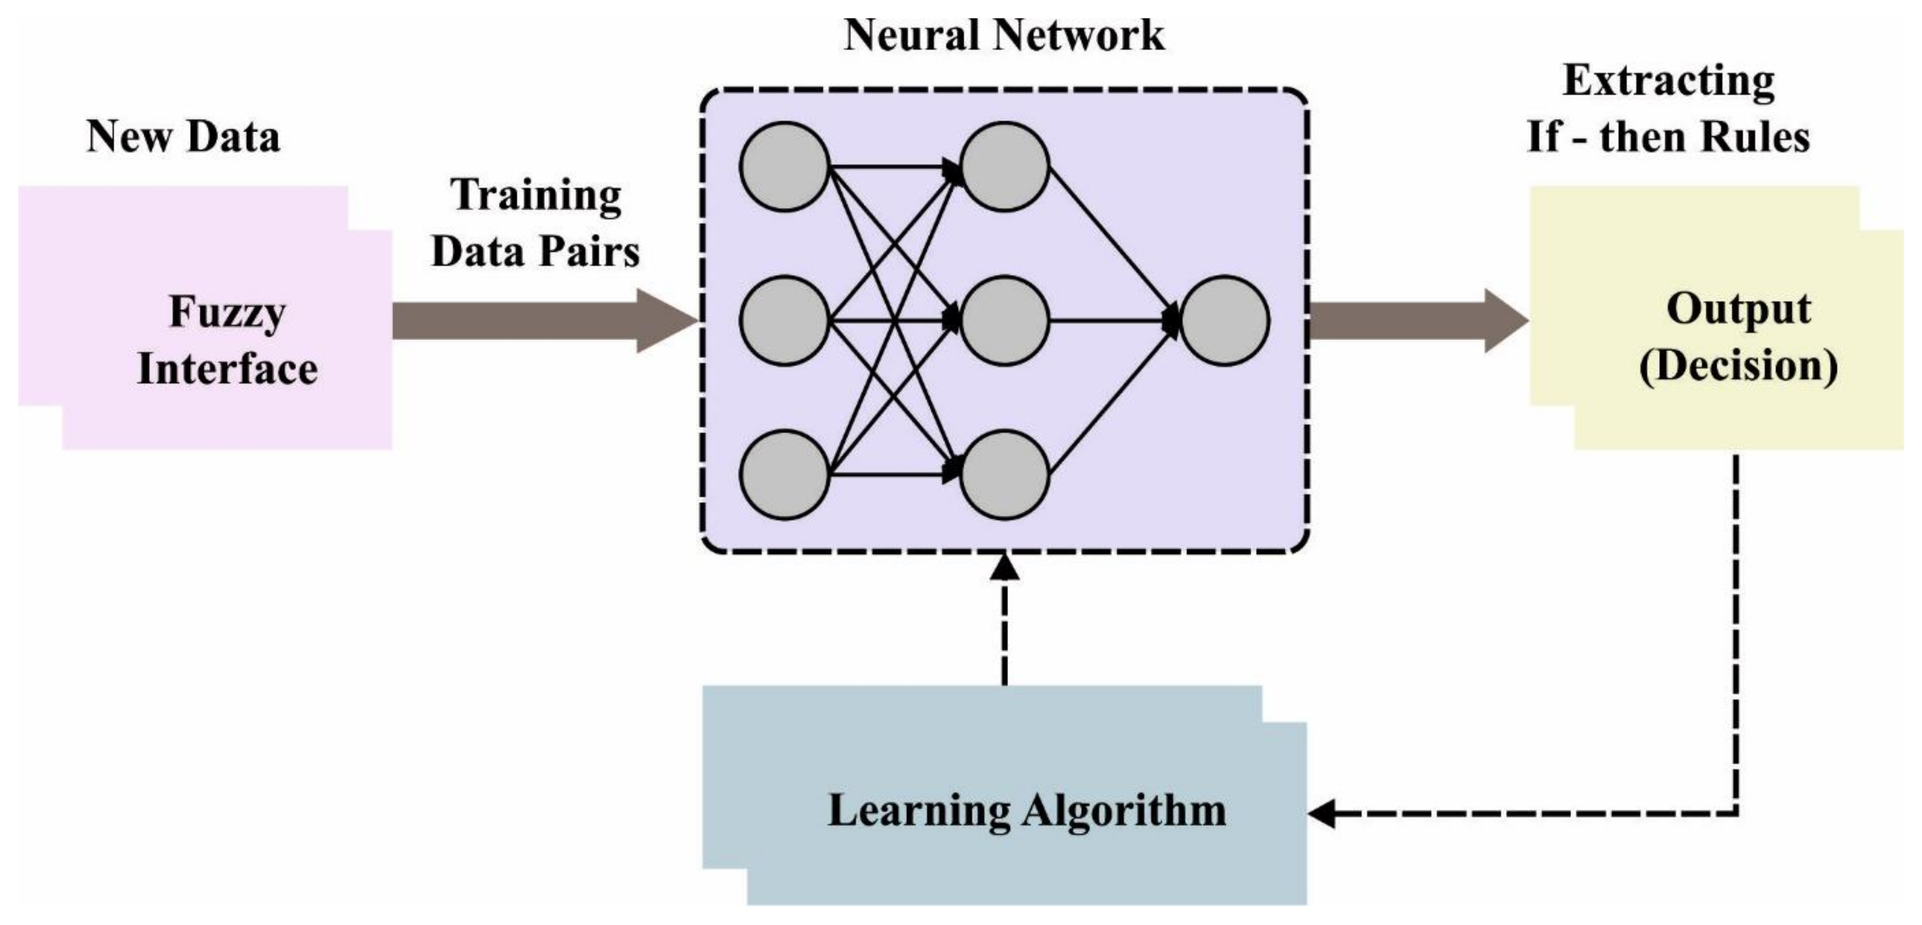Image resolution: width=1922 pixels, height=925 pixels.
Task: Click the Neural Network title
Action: (x=1004, y=36)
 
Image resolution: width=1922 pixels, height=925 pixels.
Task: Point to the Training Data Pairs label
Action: (x=536, y=223)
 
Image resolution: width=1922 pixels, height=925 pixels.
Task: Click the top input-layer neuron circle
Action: (x=784, y=167)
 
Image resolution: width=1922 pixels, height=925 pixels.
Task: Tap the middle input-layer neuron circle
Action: (x=784, y=321)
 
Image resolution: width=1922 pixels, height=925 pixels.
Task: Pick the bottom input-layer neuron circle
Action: (x=784, y=475)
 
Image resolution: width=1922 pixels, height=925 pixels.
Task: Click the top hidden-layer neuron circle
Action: (x=1004, y=167)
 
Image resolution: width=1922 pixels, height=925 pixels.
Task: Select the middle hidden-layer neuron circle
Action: (x=1004, y=321)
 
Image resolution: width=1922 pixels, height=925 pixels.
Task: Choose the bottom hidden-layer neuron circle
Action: (x=1004, y=475)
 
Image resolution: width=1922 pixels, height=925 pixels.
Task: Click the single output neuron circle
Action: (x=1224, y=321)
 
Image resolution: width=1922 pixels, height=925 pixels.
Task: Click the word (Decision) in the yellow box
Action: (x=1738, y=366)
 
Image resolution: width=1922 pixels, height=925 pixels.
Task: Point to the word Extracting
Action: (x=1668, y=81)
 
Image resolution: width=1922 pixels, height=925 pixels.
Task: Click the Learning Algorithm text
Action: (x=1027, y=811)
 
